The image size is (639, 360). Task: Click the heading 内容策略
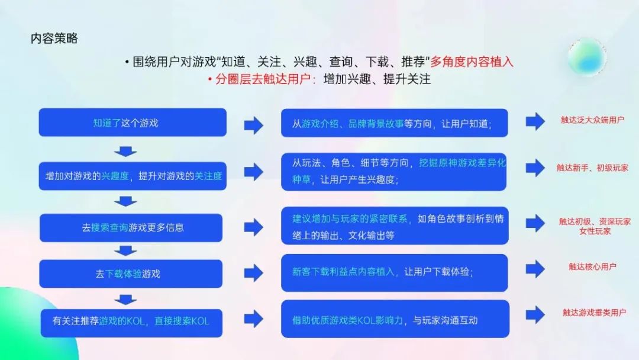[54, 38]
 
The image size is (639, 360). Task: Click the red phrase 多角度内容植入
[472, 62]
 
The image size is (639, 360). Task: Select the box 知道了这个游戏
[133, 123]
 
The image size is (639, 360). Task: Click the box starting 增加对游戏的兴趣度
[133, 176]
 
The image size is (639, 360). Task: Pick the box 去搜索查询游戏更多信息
[131, 227]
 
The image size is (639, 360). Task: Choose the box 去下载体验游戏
[131, 274]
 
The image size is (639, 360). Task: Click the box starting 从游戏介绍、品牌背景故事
[395, 123]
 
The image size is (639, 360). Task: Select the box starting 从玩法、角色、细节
[393, 172]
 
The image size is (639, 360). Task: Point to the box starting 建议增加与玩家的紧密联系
[395, 226]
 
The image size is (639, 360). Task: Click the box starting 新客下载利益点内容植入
[395, 273]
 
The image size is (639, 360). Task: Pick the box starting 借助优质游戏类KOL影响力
[395, 319]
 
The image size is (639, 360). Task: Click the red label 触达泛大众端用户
[592, 120]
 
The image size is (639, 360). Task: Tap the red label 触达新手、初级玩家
[592, 168]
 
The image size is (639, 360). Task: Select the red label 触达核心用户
[592, 266]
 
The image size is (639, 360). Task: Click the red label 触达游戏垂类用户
[594, 312]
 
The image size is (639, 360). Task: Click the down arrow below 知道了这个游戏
[125, 151]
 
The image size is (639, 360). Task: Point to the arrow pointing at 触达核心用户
[535, 269]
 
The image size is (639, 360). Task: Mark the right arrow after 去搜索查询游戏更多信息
[253, 227]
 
